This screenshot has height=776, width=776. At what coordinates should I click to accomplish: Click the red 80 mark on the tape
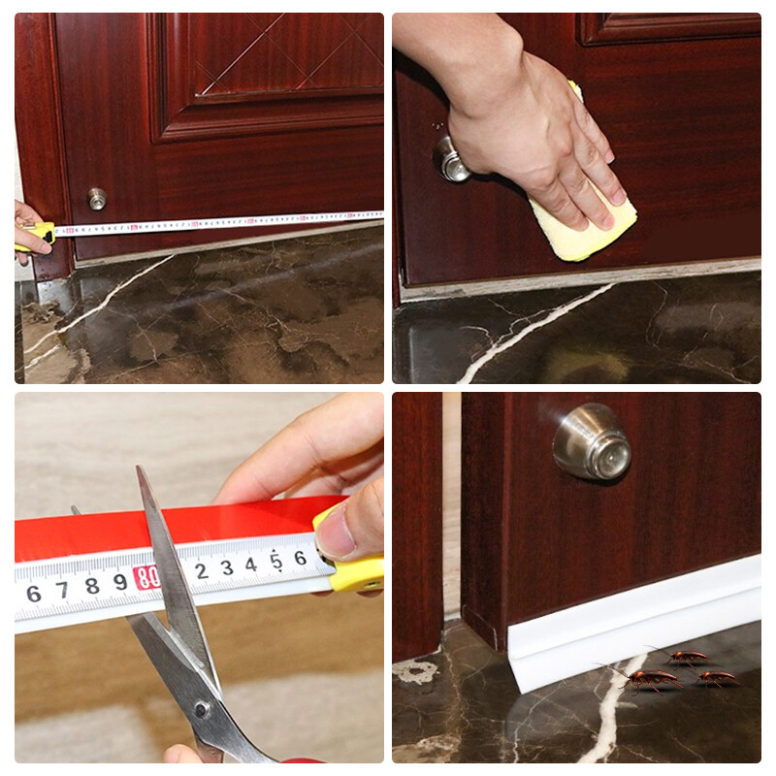point(147,578)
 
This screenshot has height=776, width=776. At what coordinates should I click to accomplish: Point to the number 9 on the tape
point(119,582)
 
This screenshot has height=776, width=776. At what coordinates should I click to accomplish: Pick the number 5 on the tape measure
point(276,561)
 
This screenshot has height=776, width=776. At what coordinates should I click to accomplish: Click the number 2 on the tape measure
point(201,570)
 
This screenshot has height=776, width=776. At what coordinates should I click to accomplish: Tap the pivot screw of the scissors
point(201,709)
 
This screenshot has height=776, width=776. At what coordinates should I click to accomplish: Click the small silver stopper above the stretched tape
point(97,199)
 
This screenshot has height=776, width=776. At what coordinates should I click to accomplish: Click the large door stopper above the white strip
point(593,442)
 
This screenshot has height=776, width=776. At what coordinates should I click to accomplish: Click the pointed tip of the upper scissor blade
point(139,469)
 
